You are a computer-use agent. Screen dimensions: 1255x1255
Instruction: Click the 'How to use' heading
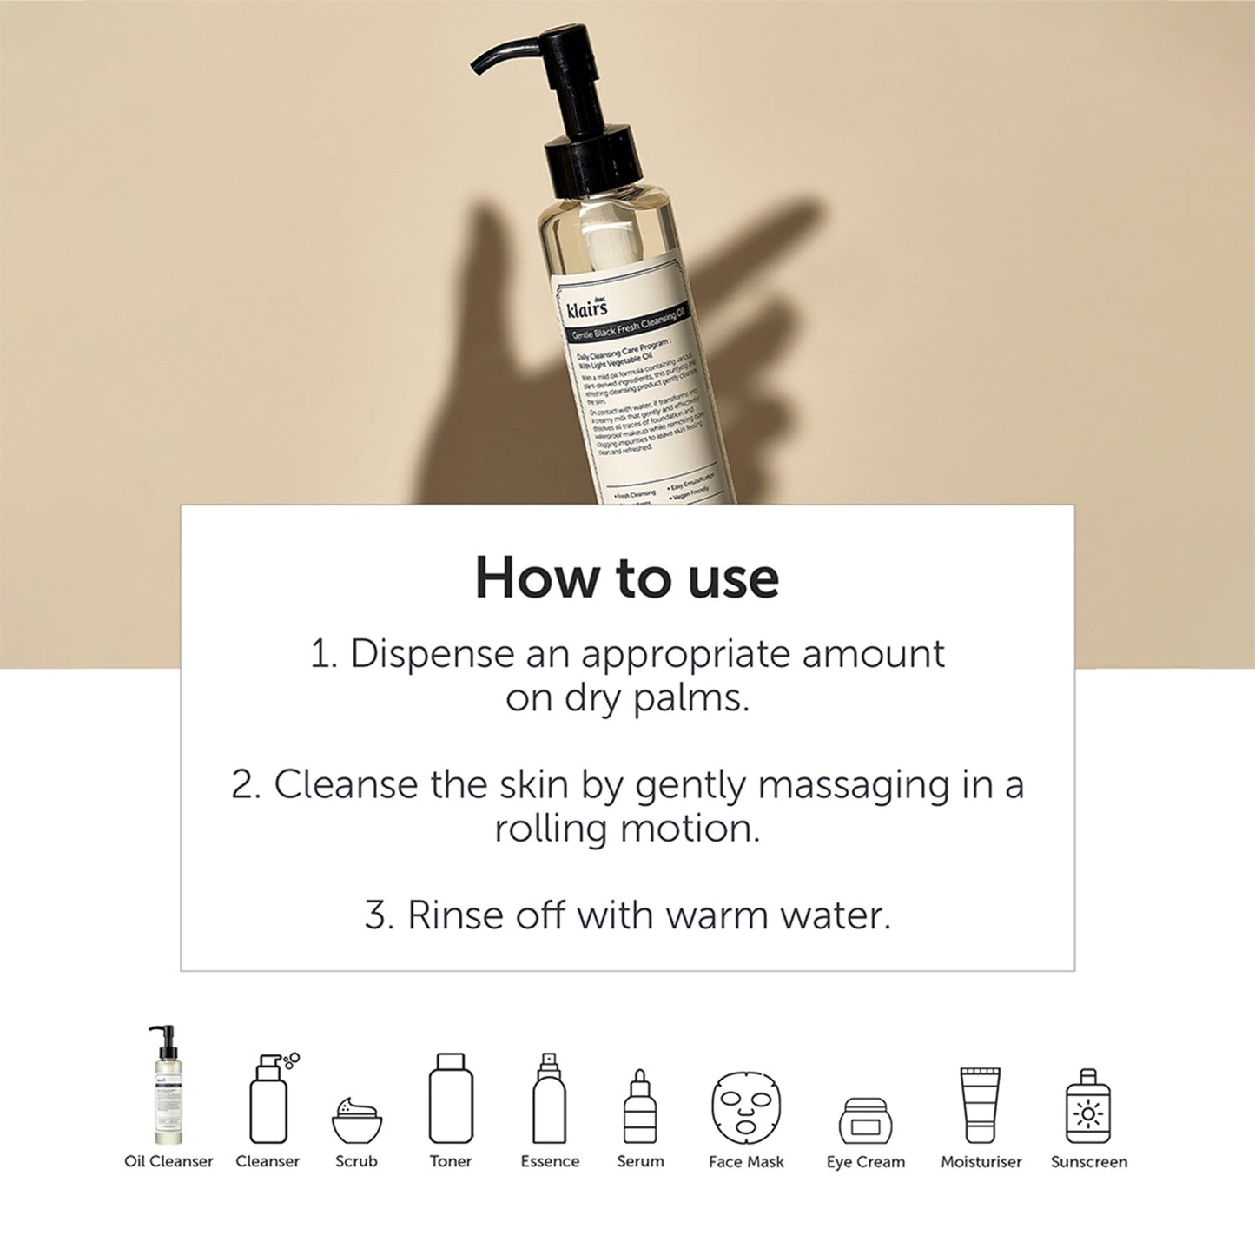626,578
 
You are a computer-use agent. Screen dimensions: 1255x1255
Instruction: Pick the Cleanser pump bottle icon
269,1099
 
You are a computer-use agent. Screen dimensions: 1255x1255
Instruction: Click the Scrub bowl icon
357,1120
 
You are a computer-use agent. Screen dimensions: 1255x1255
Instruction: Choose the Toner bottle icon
451,1099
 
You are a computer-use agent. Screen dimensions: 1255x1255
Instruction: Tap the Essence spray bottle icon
549,1099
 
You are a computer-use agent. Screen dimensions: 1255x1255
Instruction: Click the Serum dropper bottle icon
640,1106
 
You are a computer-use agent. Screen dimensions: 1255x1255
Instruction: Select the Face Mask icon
746,1107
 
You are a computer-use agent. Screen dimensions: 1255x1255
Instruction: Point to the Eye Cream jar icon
865,1121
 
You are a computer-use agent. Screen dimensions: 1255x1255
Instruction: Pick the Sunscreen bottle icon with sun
1088,1106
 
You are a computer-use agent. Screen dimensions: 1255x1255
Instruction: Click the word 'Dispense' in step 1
432,654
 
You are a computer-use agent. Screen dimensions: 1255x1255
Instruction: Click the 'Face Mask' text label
746,1162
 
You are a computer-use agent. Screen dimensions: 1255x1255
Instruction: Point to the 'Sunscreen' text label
1088,1162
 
